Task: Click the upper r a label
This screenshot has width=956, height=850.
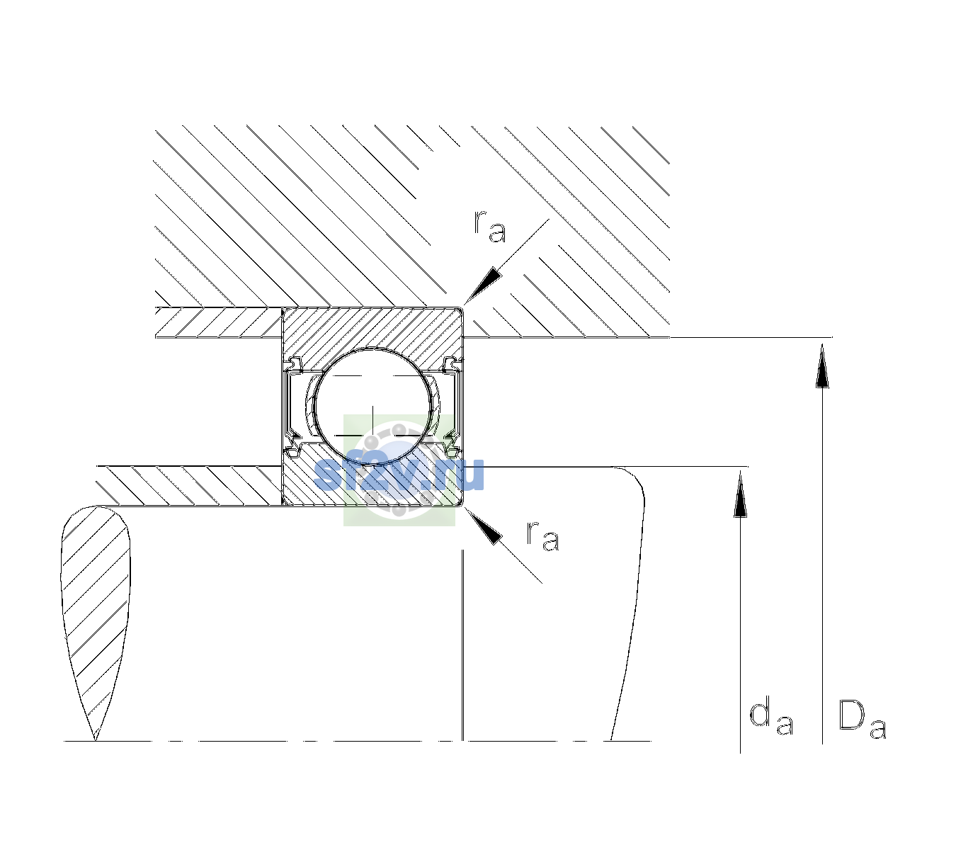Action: click(490, 227)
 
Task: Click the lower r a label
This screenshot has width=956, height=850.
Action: click(542, 535)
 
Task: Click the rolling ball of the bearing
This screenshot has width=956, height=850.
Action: click(372, 406)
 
